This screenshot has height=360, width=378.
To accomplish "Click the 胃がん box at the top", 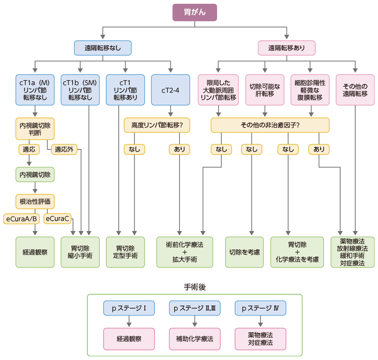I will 195,12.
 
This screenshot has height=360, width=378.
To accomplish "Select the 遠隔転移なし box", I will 102,48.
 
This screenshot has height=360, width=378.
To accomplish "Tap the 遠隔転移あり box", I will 287,48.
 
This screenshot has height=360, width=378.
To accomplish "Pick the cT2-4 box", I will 170,90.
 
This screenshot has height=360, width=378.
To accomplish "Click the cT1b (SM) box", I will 80,90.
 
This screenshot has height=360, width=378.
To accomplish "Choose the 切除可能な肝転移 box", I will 265,90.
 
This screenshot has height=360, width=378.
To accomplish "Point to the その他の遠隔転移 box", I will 355,90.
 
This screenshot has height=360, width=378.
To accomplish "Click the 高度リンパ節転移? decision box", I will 157,125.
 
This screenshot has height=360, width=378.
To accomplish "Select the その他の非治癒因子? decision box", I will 270,125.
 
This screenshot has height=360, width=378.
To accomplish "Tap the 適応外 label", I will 64,149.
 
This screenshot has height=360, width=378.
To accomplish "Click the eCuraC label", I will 57,218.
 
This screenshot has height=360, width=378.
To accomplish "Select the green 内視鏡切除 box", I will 35,175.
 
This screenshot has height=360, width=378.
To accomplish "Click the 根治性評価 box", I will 35,201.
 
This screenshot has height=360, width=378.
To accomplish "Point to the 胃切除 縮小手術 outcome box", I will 80,252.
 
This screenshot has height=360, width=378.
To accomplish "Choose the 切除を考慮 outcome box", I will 245,252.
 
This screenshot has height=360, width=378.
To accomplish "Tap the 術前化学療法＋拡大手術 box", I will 185,252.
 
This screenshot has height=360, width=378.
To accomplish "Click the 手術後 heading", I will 194,287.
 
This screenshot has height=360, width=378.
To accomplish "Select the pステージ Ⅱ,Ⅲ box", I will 195,308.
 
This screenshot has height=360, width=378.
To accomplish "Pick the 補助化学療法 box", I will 195,338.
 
